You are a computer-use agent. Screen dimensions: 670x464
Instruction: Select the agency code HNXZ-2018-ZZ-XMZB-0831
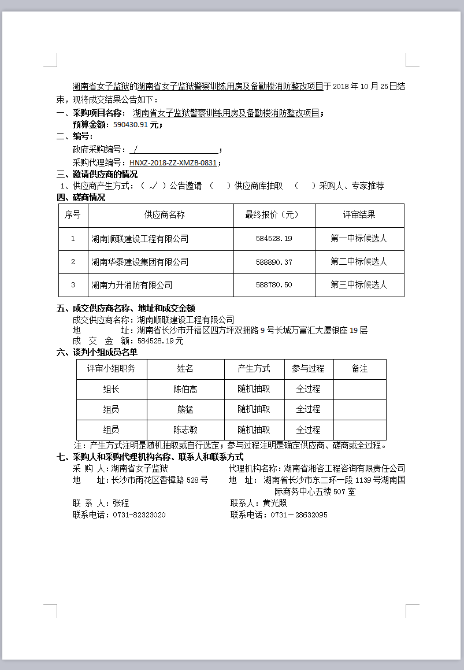(173, 163)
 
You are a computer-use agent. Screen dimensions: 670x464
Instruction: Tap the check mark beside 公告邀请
(153, 186)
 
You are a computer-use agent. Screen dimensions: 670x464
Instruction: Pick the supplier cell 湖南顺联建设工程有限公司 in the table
(140, 239)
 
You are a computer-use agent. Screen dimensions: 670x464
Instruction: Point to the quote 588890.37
(274, 262)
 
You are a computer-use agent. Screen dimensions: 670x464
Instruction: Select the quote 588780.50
(274, 285)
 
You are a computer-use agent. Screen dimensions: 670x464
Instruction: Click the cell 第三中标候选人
(359, 285)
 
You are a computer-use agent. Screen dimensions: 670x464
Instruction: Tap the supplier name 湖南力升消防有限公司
(132, 285)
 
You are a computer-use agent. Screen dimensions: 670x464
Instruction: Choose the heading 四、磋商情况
(81, 198)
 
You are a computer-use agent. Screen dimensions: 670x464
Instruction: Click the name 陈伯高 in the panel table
(185, 390)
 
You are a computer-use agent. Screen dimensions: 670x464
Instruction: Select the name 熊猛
(185, 409)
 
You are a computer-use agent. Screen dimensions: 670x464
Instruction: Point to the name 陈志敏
(185, 430)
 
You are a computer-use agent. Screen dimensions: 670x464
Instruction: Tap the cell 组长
(112, 390)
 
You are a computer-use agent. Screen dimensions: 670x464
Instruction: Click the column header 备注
(359, 369)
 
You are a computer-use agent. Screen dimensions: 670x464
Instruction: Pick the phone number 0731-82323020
(139, 515)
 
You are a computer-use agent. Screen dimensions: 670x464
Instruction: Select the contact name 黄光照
(275, 504)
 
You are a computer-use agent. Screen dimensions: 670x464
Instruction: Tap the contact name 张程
(121, 504)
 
